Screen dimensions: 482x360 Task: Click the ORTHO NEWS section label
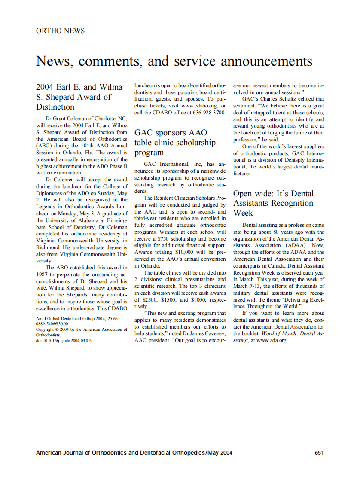pos(60,31)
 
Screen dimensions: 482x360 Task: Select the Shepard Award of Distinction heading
pos(79,97)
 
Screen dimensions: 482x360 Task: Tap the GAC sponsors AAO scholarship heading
pos(175,142)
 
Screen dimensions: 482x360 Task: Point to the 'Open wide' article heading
pos(273,203)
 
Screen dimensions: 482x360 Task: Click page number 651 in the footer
pos(319,452)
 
